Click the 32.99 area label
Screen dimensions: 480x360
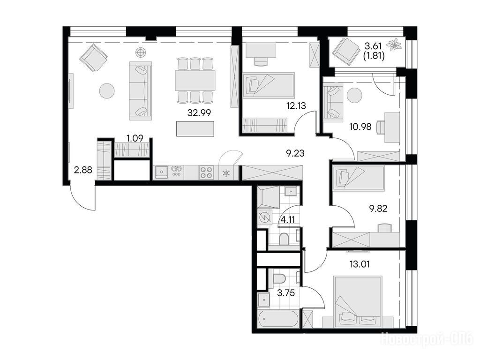[199, 113]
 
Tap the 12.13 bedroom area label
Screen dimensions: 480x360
[296, 105]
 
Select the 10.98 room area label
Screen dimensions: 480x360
[360, 126]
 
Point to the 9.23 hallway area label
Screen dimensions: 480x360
[295, 153]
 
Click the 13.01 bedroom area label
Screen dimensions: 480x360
[360, 263]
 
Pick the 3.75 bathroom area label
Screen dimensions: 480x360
[285, 293]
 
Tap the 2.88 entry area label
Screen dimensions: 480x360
[83, 170]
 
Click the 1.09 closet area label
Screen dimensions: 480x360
[135, 138]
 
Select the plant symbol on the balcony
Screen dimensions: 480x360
[394, 45]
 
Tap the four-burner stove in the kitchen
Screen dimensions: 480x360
[206, 172]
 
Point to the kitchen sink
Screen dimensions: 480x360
[161, 172]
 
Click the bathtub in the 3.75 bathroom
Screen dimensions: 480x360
[277, 319]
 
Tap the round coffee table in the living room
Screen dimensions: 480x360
[107, 91]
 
